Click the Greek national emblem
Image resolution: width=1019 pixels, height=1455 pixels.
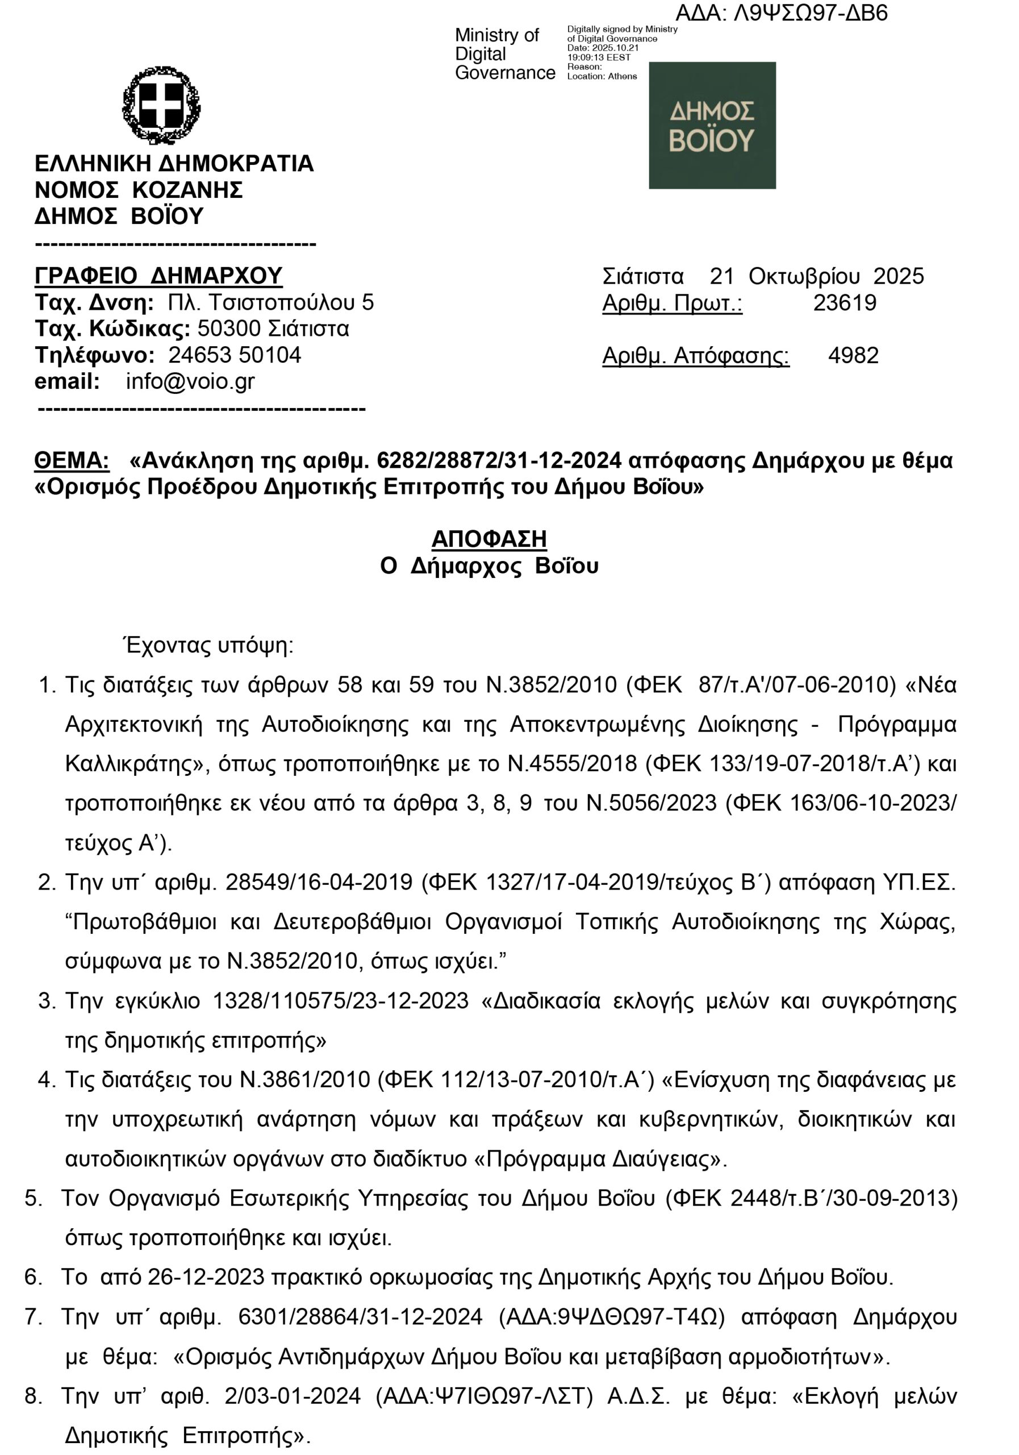(x=161, y=105)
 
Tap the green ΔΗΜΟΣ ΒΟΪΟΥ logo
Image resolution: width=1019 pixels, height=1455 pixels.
(x=712, y=126)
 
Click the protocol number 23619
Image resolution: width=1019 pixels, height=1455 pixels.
(x=844, y=303)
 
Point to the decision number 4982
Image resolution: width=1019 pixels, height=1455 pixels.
(x=853, y=356)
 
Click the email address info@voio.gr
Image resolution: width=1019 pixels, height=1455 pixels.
(x=190, y=381)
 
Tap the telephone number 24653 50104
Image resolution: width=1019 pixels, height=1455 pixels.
(x=235, y=355)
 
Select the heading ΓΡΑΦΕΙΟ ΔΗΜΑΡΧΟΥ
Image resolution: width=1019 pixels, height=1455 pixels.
(x=158, y=276)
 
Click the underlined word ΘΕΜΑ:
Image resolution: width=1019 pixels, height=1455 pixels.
(x=72, y=461)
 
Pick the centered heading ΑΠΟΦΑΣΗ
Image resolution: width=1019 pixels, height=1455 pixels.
(x=489, y=539)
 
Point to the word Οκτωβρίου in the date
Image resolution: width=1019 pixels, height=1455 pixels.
(x=804, y=276)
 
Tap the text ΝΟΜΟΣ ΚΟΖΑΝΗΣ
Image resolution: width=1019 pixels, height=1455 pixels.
(x=139, y=189)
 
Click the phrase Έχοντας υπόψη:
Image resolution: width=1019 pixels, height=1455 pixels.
(x=208, y=645)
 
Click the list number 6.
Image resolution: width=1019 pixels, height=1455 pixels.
(x=33, y=1277)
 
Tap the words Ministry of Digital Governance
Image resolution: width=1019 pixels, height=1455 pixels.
(x=504, y=54)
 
